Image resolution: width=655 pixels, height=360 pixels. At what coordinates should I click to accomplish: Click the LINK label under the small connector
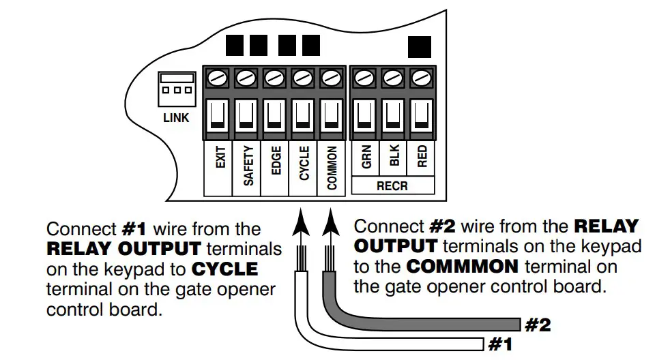pyautogui.click(x=175, y=118)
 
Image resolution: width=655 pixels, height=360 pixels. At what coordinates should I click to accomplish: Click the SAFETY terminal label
pyautogui.click(x=248, y=166)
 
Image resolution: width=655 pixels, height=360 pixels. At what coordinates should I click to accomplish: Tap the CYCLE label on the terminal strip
pyautogui.click(x=304, y=164)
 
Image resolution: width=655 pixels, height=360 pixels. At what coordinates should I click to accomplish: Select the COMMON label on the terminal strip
pyautogui.click(x=332, y=166)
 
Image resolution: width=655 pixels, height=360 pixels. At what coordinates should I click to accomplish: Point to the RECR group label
pyautogui.click(x=394, y=185)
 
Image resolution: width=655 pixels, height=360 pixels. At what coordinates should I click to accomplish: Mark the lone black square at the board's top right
pyautogui.click(x=419, y=46)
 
